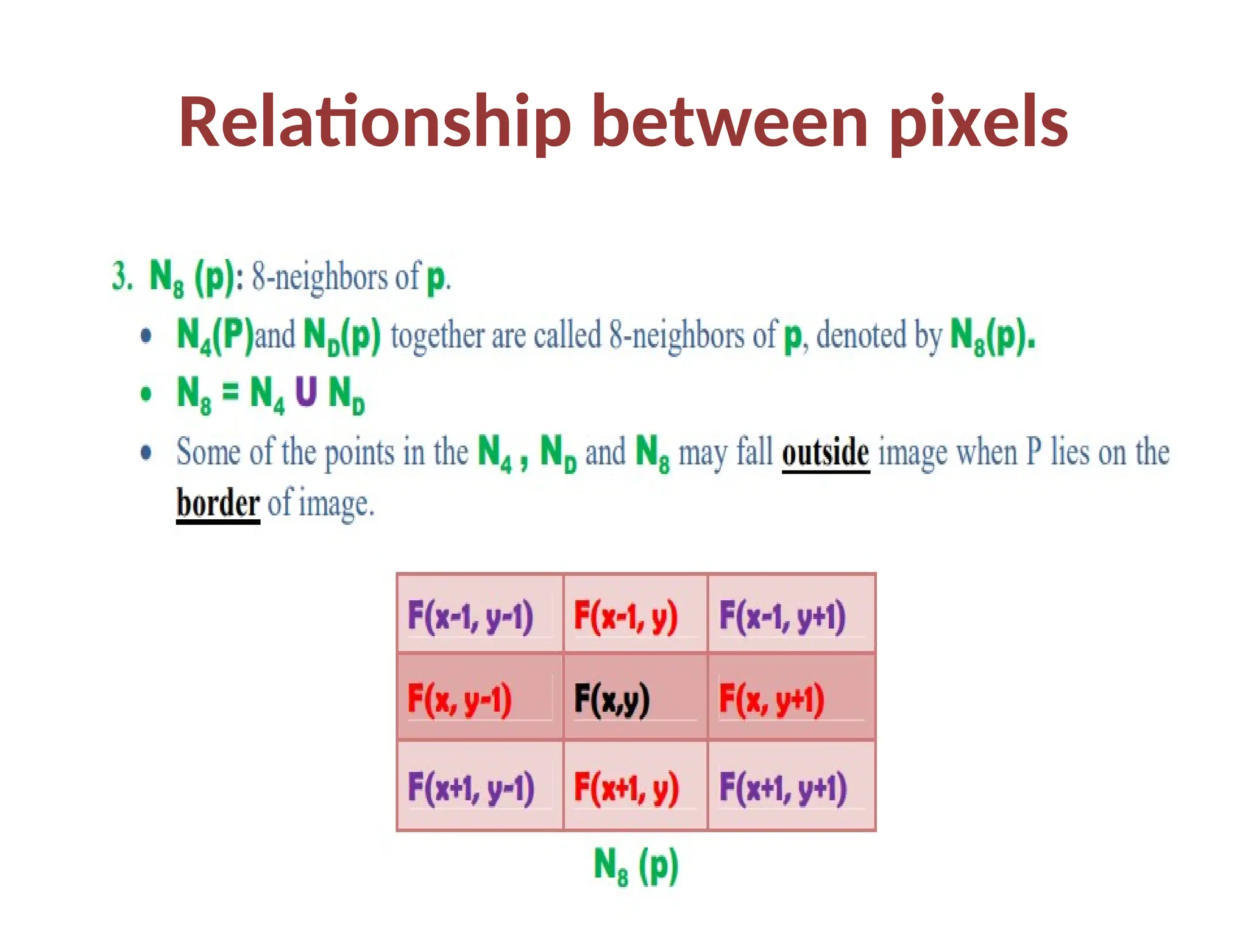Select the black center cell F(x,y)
tap(612, 698)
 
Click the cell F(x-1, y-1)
tap(470, 615)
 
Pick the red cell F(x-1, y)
tap(625, 615)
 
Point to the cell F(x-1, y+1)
tap(782, 615)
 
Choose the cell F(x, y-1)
tap(459, 698)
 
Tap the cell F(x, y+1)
tap(771, 698)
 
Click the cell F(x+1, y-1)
tap(471, 787)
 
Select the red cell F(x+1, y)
tap(626, 787)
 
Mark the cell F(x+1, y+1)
tap(783, 787)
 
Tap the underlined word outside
tap(825, 452)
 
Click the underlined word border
tap(218, 503)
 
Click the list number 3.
tap(122, 276)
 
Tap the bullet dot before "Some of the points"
tap(146, 452)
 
